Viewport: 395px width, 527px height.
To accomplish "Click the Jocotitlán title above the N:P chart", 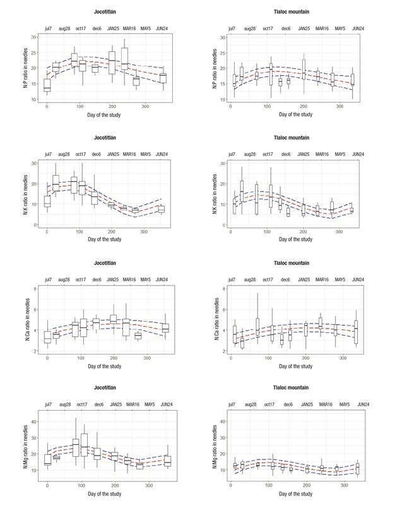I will (x=104, y=12).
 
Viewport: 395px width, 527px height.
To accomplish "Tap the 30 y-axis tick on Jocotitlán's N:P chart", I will (x=33, y=37).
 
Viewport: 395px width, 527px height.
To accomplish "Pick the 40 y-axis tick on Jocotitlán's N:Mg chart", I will (x=33, y=420).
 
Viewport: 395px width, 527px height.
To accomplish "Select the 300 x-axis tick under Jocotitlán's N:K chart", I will (x=145, y=231).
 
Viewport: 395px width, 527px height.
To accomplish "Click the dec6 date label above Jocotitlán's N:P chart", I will (x=97, y=28).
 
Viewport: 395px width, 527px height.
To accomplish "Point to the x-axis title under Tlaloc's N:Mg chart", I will (x=295, y=494).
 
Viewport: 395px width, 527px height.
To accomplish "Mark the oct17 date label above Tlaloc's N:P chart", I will (x=268, y=28).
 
